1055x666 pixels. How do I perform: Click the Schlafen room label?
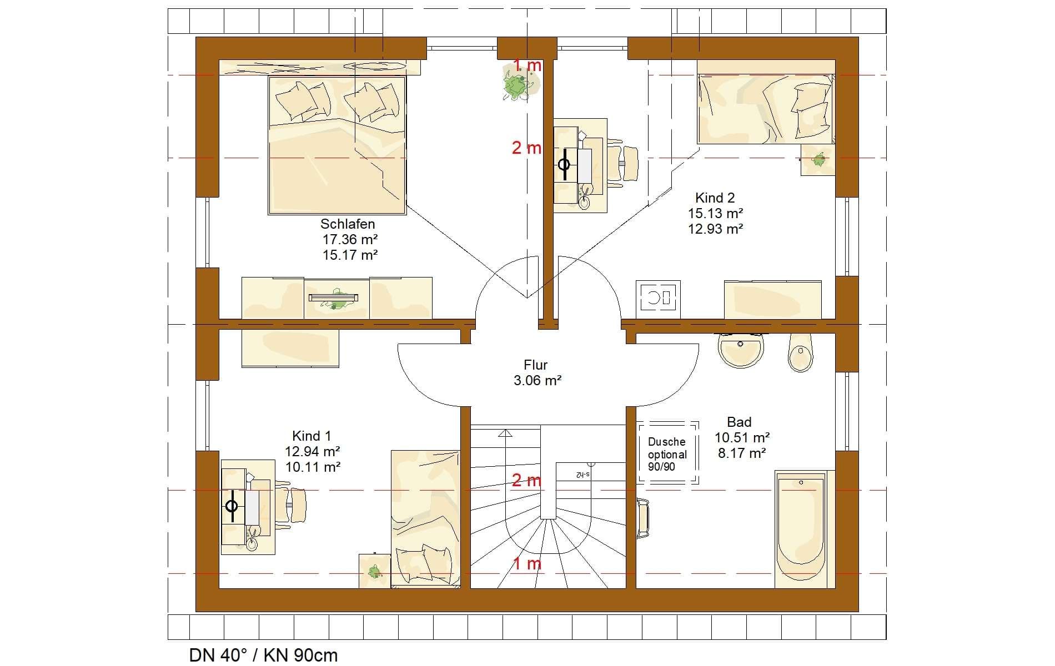348,224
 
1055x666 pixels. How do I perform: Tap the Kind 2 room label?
715,198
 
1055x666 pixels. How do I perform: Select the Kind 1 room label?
312,436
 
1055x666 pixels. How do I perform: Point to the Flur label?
536,365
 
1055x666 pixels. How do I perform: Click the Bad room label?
739,422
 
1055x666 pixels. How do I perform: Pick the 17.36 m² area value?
350,240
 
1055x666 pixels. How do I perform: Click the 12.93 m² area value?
716,229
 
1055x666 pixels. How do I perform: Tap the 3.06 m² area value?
537,381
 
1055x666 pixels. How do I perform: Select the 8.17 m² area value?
742,453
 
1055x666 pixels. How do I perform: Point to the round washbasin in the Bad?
741,350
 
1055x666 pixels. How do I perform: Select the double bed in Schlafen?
337,145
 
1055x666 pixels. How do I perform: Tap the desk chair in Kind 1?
297,504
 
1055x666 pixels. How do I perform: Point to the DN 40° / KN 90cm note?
263,655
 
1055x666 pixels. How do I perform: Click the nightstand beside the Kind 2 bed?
818,160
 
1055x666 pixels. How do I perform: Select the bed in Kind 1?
425,518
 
